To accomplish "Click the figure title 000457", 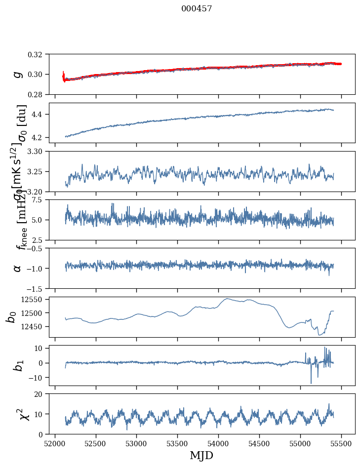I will pyautogui.click(x=197, y=8).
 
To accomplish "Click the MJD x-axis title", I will pyautogui.click(x=201, y=455).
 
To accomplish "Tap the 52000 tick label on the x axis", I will pyautogui.click(x=55, y=443).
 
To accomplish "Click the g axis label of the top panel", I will pyautogui.click(x=18, y=74).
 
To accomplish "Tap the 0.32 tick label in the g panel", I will pyautogui.click(x=38, y=54).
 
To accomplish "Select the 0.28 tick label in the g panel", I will pyautogui.click(x=38, y=94).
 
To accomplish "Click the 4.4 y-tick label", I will pyautogui.click(x=40, y=115).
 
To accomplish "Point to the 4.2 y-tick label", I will pyautogui.click(x=40, y=137).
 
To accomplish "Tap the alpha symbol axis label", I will pyautogui.click(x=18, y=268).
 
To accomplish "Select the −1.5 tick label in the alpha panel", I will pyautogui.click(x=37, y=288).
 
